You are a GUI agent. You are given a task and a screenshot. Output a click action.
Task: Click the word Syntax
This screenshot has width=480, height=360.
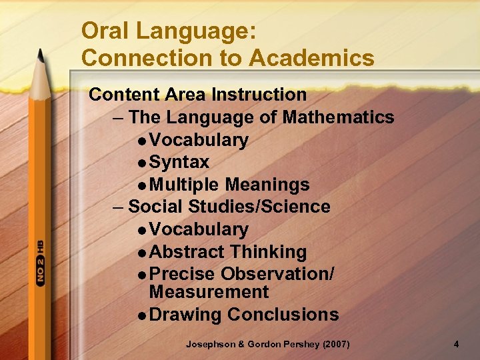[x=179, y=163]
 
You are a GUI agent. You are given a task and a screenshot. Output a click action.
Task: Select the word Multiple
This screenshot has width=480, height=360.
[x=185, y=185]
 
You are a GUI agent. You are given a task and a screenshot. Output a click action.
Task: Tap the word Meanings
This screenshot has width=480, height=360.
[x=267, y=185]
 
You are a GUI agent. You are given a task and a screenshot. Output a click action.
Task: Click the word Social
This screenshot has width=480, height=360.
[x=155, y=207]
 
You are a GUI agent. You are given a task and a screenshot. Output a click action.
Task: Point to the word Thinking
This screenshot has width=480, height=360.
[x=268, y=252]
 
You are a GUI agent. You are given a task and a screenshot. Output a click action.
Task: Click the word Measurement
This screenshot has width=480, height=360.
[x=209, y=292]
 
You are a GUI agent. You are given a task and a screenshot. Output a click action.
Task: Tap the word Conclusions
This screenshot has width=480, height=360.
[x=283, y=315]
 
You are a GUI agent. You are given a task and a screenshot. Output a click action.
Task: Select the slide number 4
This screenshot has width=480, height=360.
[x=456, y=345]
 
